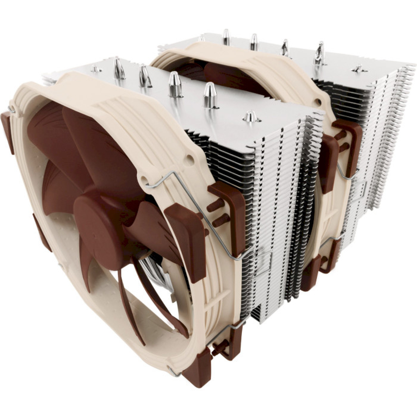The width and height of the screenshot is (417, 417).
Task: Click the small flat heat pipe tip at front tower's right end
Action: click(252, 117)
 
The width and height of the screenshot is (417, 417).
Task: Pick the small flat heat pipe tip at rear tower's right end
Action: click(359, 69)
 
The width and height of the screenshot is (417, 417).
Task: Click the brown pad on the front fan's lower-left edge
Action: click(42, 232)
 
